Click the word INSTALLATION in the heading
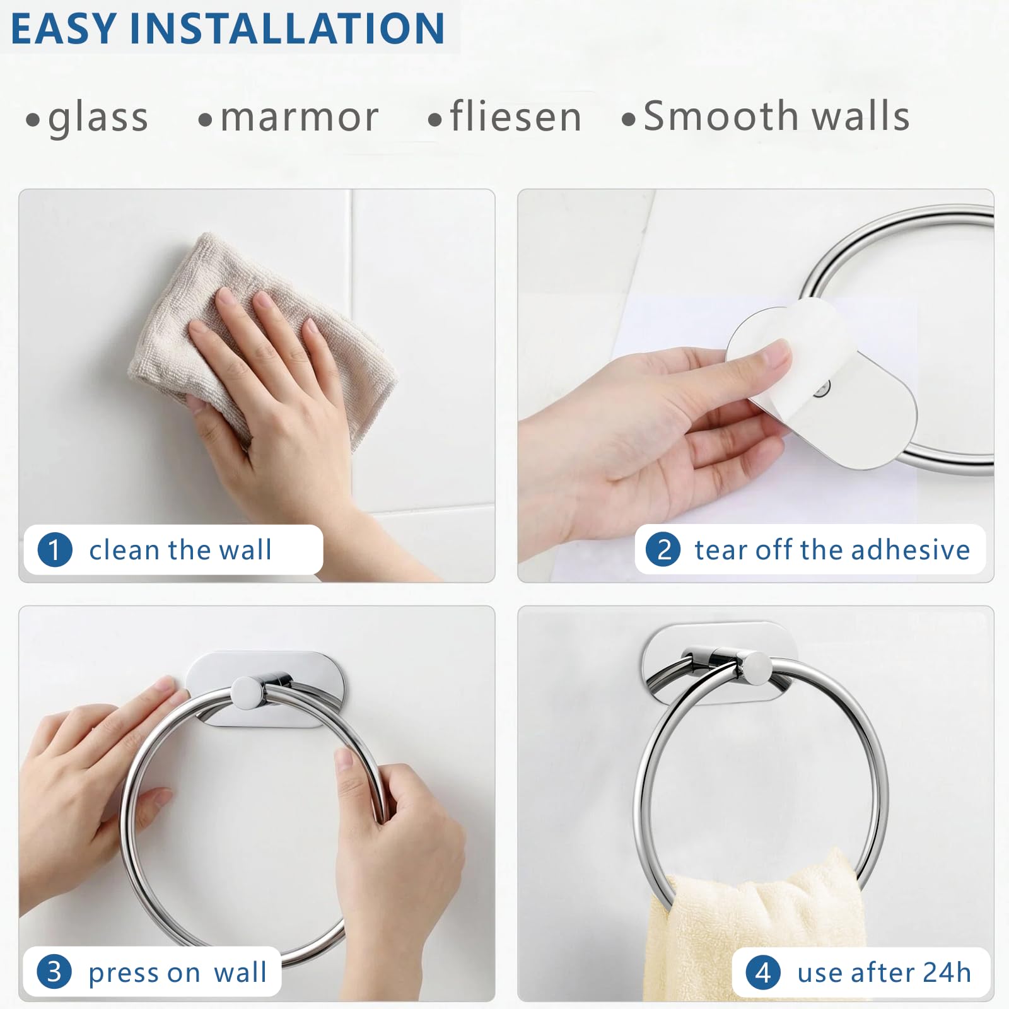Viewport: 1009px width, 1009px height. pos(287,28)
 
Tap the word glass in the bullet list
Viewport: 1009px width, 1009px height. pos(98,118)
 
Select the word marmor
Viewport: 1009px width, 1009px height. pos(300,118)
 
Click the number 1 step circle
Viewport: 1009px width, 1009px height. pos(55,549)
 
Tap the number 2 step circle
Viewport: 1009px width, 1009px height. pos(663,549)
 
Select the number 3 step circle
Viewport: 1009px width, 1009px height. pos(54,972)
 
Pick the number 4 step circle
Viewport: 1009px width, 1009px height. pos(763,972)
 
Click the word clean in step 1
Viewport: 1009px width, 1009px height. pos(124,550)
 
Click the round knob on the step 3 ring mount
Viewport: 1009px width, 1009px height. pos(247,692)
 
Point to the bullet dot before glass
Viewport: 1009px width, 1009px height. pos(33,119)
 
